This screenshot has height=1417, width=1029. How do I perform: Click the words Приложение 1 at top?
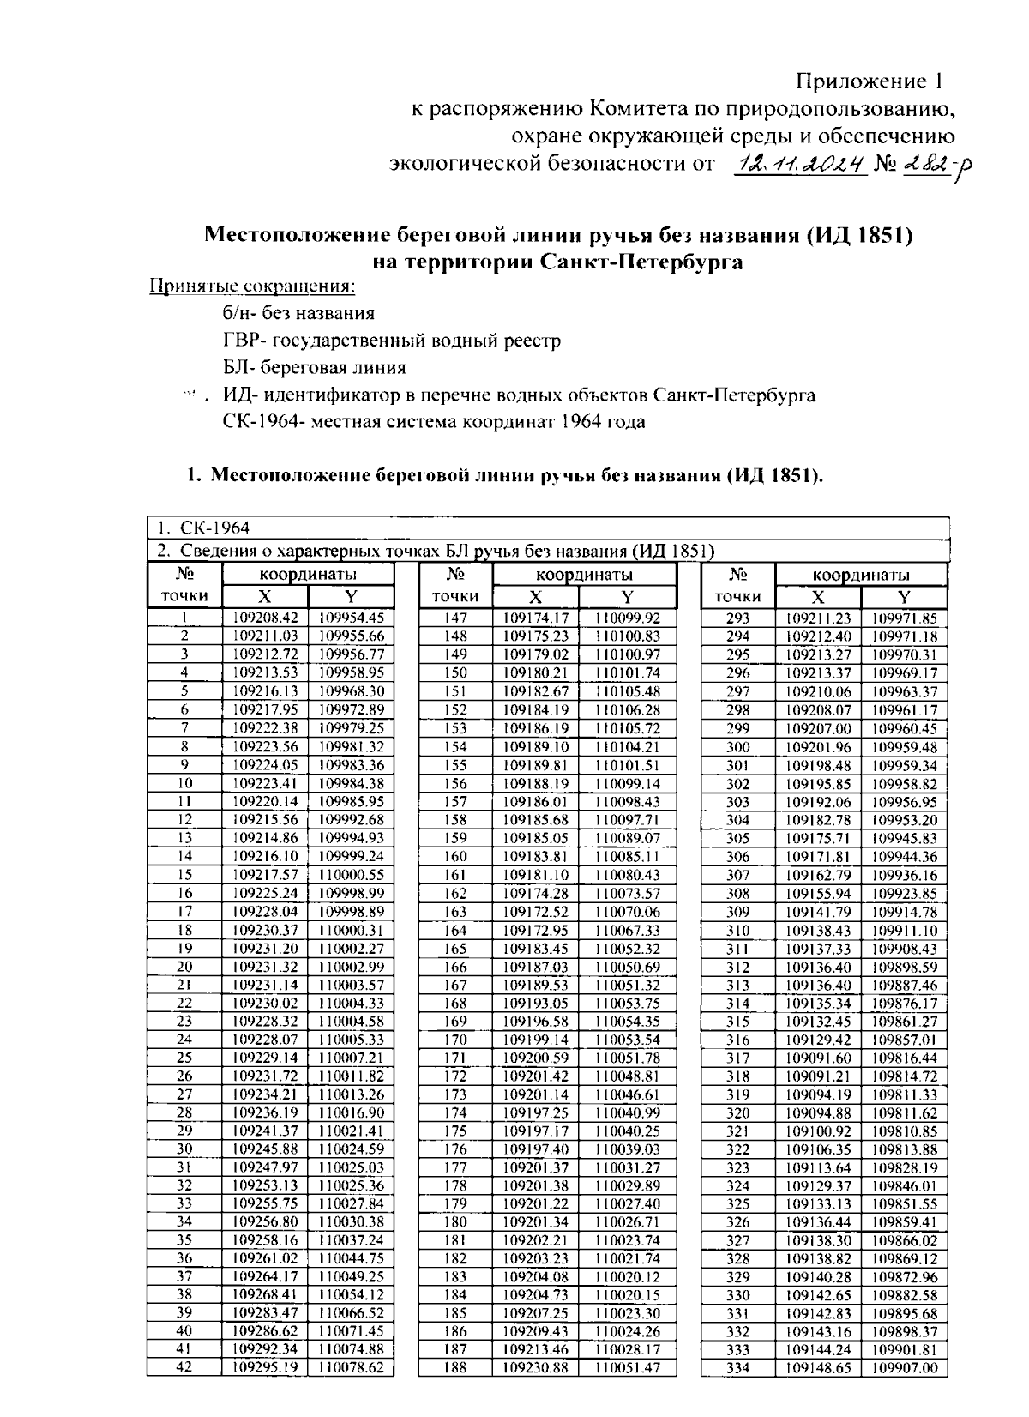870,82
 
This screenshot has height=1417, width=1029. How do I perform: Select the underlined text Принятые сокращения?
252,286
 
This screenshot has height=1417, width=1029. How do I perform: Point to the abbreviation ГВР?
239,341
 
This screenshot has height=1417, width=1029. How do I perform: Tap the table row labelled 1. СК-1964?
203,527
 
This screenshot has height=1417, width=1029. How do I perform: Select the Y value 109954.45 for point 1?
351,618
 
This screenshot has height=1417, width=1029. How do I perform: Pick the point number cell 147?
456,618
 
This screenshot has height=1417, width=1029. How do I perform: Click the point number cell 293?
737,618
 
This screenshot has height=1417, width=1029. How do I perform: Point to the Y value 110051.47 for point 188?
628,1368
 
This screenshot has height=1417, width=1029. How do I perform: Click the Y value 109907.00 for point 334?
905,1368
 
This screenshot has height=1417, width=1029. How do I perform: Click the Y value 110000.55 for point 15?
351,875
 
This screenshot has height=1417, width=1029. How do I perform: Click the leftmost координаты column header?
308,575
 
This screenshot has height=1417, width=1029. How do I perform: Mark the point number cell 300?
737,746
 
